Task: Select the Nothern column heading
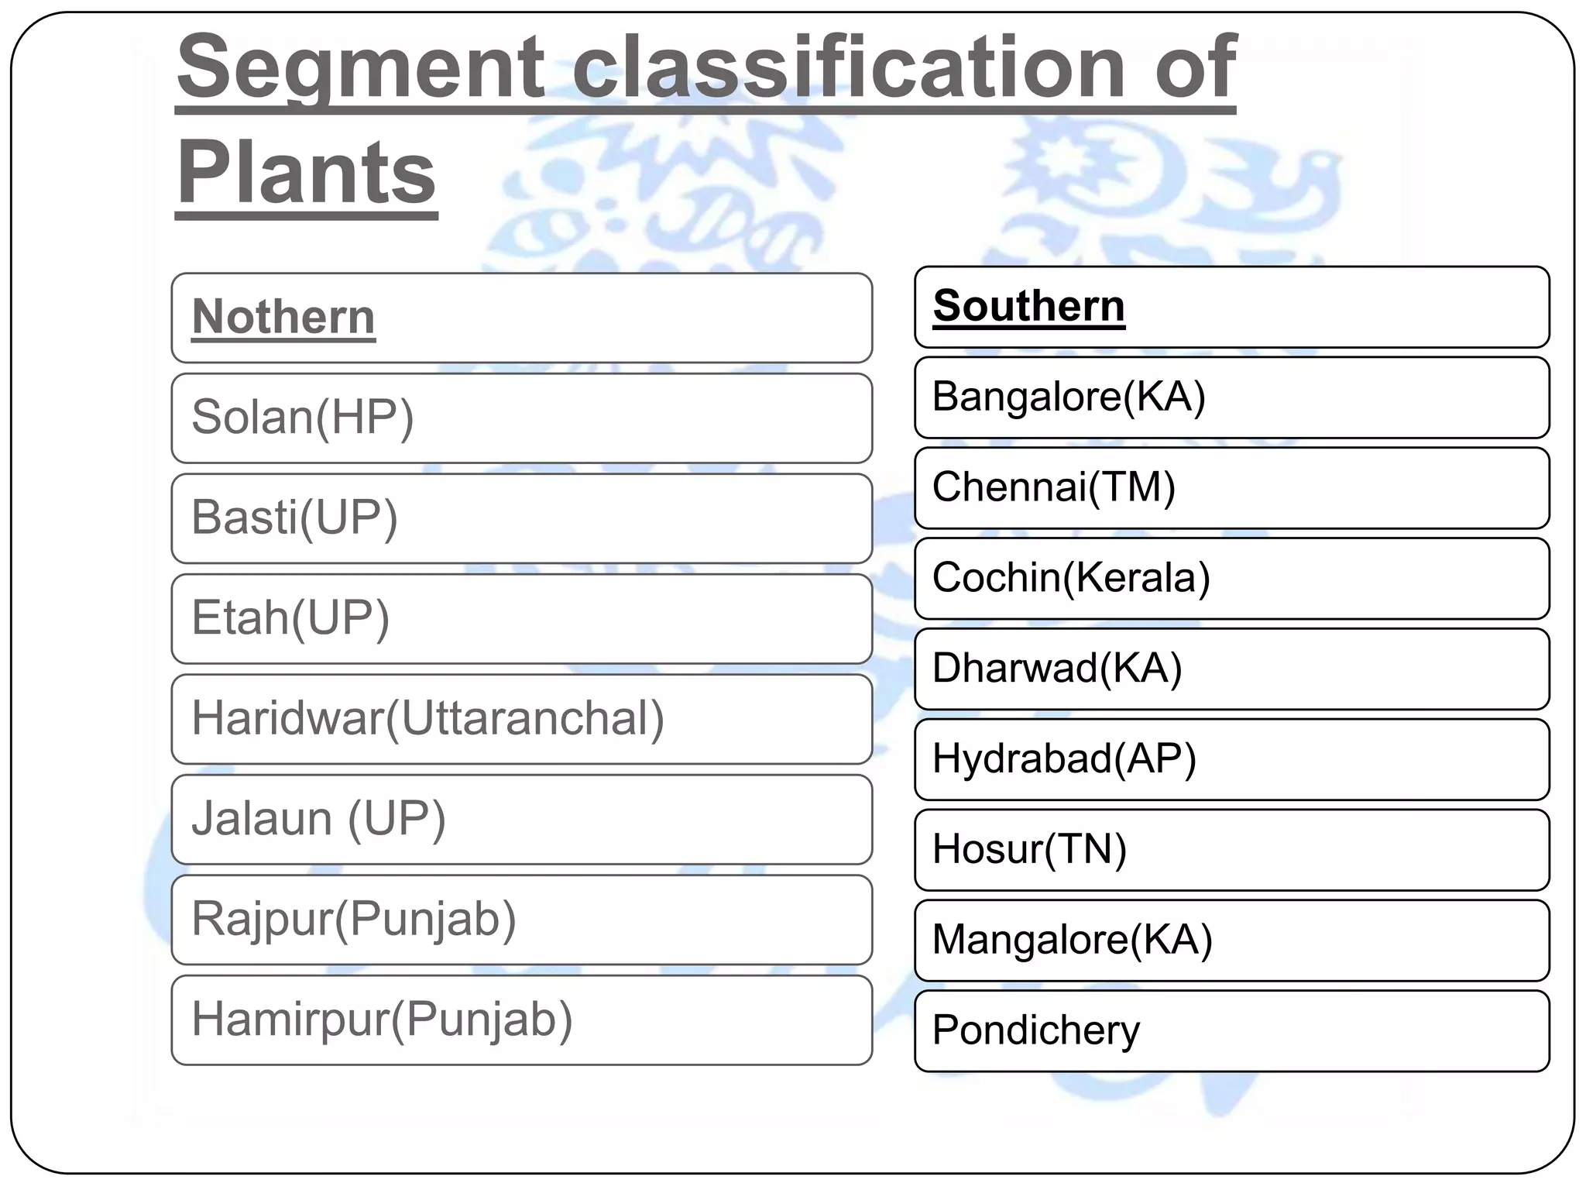pyautogui.click(x=283, y=317)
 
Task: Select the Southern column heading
pyautogui.click(x=1028, y=306)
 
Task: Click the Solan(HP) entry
pyautogui.click(x=303, y=418)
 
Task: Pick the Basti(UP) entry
pyautogui.click(x=294, y=518)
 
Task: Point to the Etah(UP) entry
pyautogui.click(x=290, y=618)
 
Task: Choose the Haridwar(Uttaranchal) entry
pyautogui.click(x=427, y=718)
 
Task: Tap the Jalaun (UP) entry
pyautogui.click(x=318, y=819)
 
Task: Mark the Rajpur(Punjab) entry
pyautogui.click(x=353, y=919)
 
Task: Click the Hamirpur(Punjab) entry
pyautogui.click(x=382, y=1020)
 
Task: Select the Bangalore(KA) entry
pyautogui.click(x=1069, y=397)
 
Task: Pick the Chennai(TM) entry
pyautogui.click(x=1054, y=487)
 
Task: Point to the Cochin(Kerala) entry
pyautogui.click(x=1071, y=578)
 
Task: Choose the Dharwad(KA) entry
pyautogui.click(x=1057, y=668)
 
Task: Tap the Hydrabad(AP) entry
pyautogui.click(x=1064, y=758)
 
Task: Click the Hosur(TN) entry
pyautogui.click(x=1029, y=849)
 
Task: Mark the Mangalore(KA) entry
pyautogui.click(x=1072, y=940)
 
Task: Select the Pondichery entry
pyautogui.click(x=1036, y=1030)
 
